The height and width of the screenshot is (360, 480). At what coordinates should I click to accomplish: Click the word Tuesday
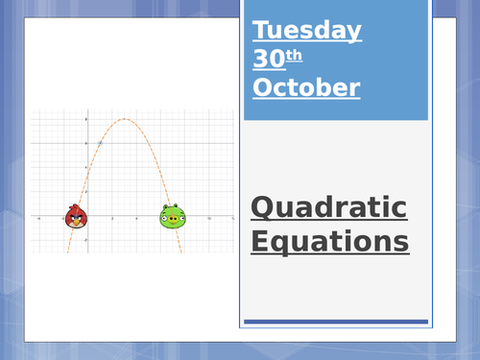[307, 30]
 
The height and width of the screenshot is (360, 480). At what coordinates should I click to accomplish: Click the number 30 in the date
[269, 59]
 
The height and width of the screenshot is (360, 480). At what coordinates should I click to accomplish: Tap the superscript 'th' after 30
[295, 54]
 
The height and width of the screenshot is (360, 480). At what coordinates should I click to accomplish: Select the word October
[306, 87]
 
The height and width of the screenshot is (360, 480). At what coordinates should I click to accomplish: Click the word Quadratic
[328, 207]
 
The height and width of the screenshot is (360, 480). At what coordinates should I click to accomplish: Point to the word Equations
[329, 240]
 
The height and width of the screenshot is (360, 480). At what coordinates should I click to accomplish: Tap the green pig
[172, 218]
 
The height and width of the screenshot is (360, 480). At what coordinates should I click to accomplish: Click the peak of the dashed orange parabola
[125, 119]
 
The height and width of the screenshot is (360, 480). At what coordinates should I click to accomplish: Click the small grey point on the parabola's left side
[100, 143]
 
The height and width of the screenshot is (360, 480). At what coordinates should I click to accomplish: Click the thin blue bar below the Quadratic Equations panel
[336, 322]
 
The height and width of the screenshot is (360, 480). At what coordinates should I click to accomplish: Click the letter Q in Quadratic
[262, 207]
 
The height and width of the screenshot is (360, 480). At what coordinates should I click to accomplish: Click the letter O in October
[263, 87]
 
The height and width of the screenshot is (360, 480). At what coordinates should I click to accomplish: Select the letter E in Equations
[260, 240]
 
